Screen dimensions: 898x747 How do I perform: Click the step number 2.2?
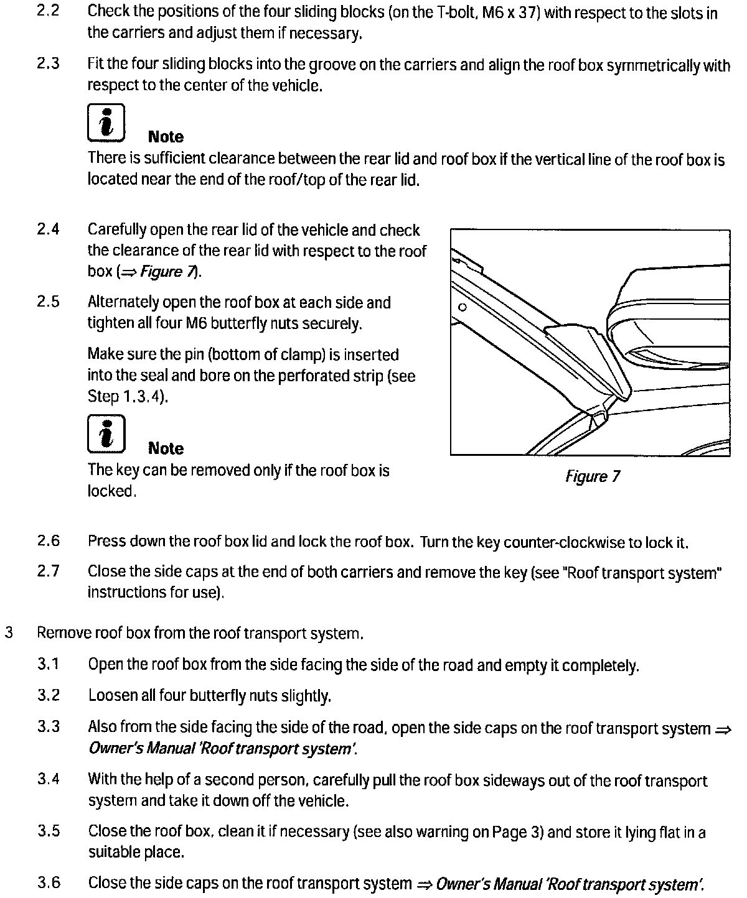pos(48,11)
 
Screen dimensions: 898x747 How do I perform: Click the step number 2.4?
pos(48,229)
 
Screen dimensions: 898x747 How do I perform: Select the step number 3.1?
pos(48,664)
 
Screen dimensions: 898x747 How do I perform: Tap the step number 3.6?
pos(48,882)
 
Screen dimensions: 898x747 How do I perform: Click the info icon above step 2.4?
pos(106,123)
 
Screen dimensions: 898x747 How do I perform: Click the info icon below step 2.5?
pos(106,433)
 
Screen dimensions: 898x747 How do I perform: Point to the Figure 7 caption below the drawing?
pos(592,477)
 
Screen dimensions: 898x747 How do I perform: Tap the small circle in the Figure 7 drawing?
pos(462,307)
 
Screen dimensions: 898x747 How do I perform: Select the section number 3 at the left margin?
pos(9,633)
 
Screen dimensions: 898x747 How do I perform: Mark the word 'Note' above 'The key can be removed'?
pos(166,448)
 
